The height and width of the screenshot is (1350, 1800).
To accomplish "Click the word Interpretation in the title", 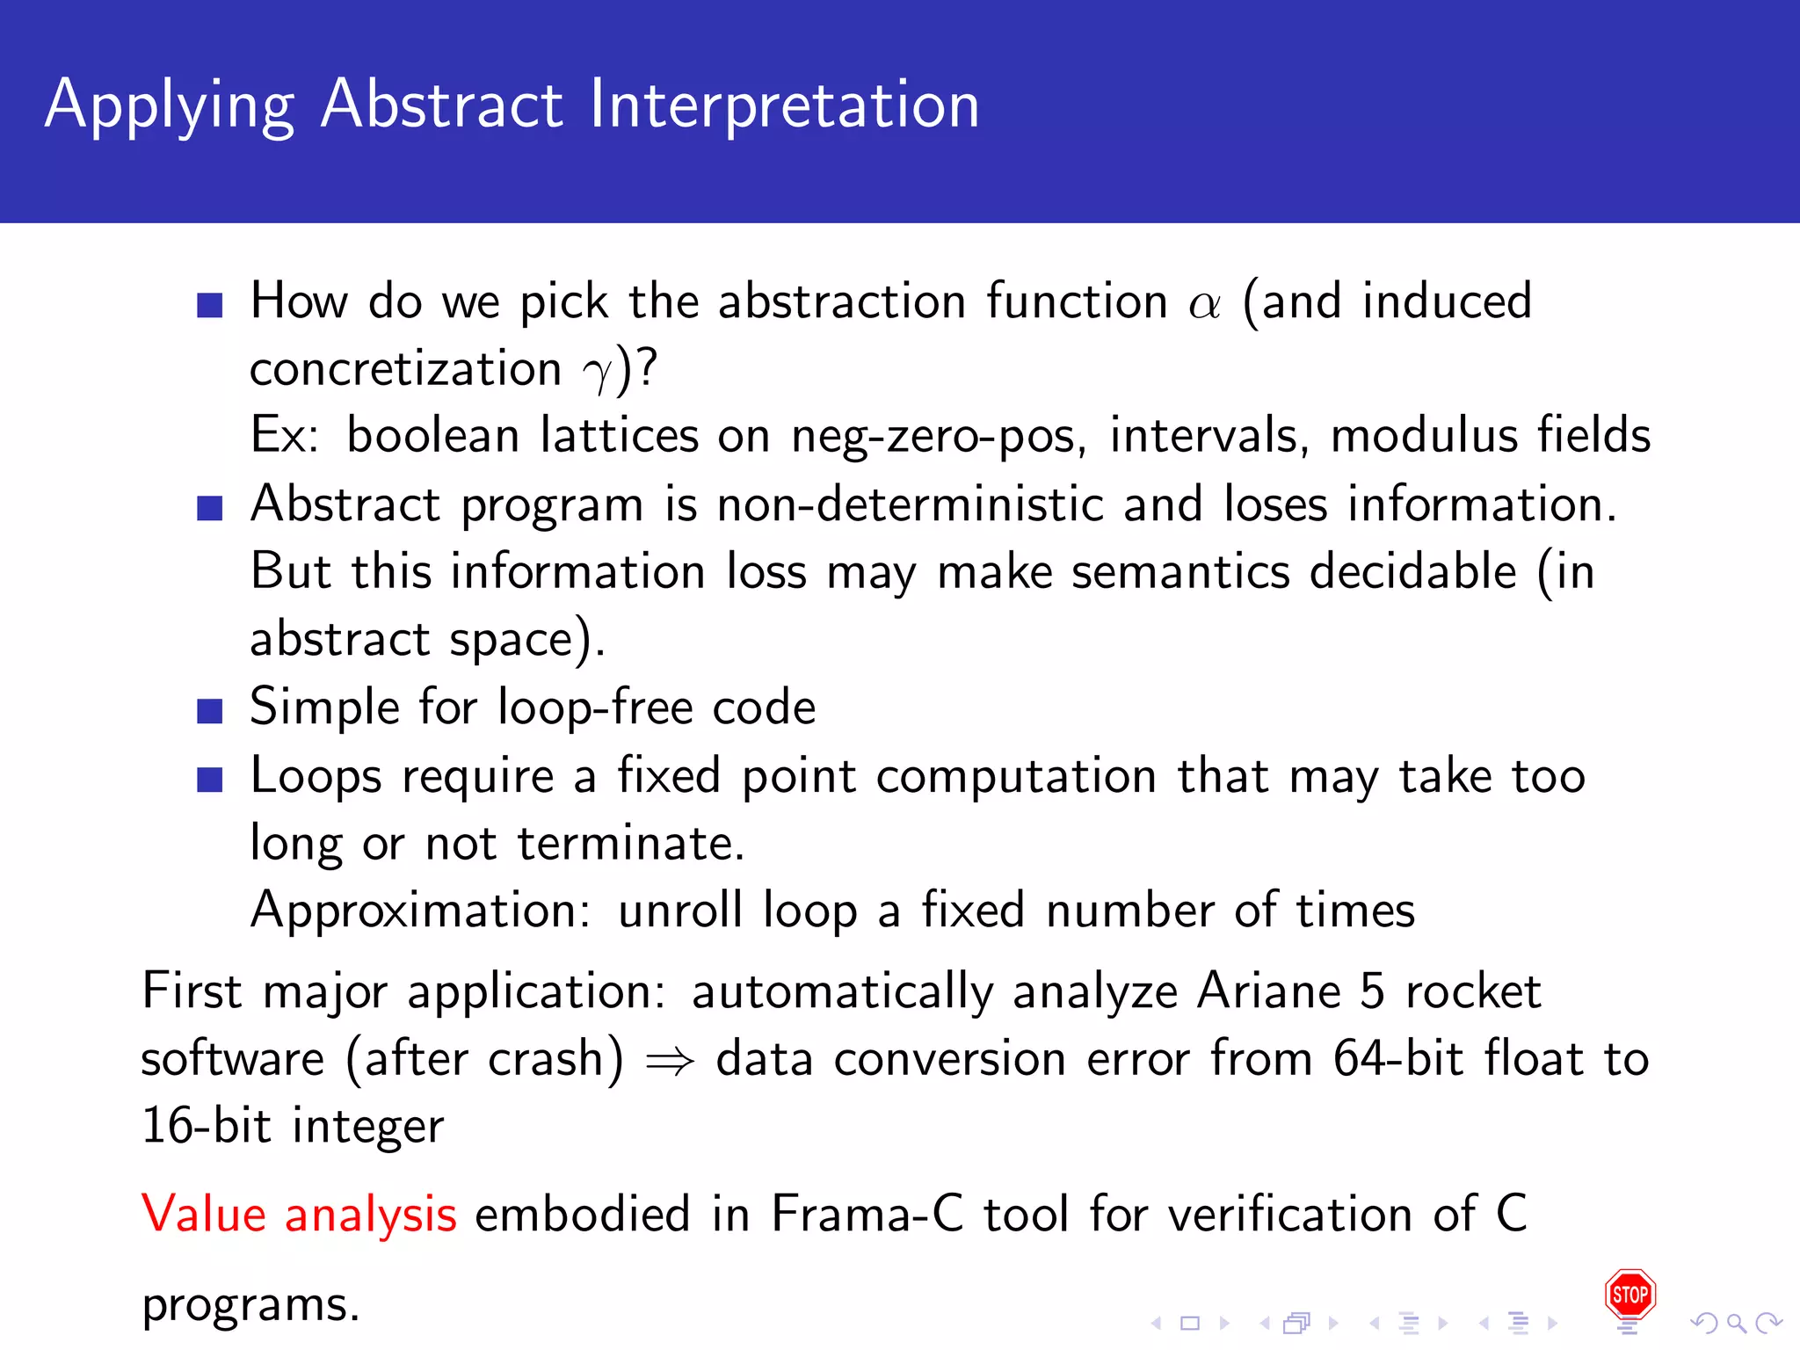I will (784, 105).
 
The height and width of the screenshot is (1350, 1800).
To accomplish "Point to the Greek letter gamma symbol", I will (597, 374).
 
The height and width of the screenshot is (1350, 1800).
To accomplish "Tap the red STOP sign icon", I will (1629, 1294).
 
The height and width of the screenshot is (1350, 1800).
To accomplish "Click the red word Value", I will (204, 1214).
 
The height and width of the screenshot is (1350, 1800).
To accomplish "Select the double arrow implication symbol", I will (670, 1062).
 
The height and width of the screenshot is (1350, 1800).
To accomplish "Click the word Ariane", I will (1268, 991).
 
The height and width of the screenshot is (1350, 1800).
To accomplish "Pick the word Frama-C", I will (867, 1214).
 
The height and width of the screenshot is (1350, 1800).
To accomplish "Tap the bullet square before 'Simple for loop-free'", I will (209, 710).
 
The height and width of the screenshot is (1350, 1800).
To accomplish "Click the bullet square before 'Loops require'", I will (209, 780).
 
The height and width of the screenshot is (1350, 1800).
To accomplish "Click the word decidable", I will (1412, 572).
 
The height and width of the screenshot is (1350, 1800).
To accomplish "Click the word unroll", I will (679, 911).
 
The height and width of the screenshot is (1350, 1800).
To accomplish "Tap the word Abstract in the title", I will (441, 105).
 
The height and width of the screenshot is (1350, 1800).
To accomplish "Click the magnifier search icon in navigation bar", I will (1736, 1323).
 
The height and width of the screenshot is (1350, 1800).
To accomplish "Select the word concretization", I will (405, 369).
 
